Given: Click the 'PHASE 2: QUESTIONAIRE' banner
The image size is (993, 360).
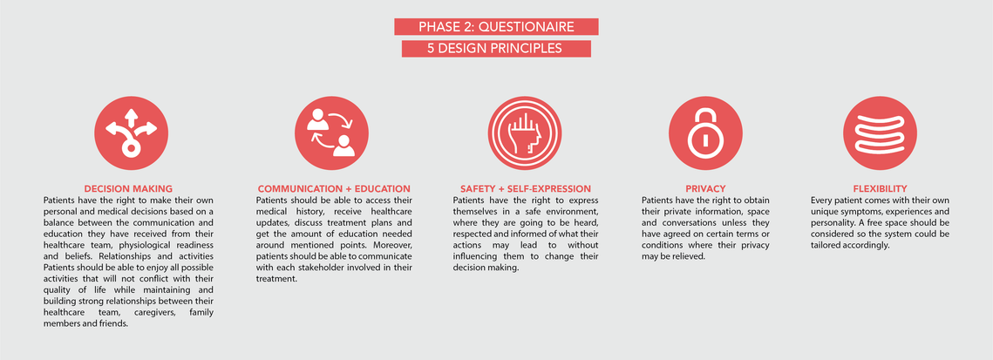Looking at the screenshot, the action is (497, 26).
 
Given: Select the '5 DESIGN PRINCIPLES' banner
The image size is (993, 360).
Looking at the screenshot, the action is (497, 49).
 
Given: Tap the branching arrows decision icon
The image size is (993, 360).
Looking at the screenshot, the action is (131, 133).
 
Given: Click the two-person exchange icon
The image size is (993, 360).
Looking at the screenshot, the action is (331, 133).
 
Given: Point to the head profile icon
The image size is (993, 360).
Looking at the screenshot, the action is (524, 133).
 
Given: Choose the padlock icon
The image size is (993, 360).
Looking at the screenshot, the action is (704, 133).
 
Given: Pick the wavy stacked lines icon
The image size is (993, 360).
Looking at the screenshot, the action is (880, 133).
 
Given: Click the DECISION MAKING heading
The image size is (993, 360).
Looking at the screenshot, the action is (128, 188).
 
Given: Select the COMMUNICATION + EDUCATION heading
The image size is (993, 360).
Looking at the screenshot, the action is (334, 188).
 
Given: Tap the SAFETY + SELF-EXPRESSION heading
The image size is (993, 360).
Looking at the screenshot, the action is (526, 188).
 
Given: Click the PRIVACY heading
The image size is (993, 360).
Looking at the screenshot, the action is (704, 188).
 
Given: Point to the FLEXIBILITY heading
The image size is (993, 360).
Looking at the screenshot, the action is (880, 188).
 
